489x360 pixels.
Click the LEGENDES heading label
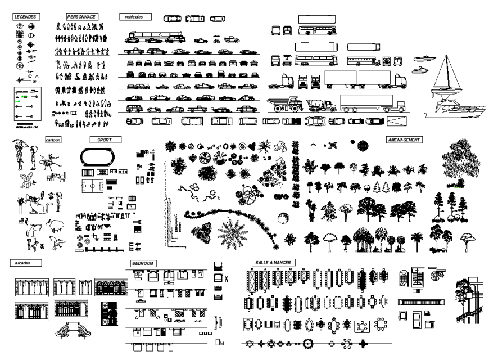pyautogui.click(x=25, y=17)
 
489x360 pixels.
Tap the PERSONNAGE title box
pyautogui.click(x=81, y=17)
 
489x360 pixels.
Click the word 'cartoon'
pyautogui.click(x=53, y=139)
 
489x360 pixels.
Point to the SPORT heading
pyautogui.click(x=105, y=139)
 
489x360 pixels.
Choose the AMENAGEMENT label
pyautogui.click(x=404, y=139)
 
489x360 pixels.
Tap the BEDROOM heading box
pyautogui.click(x=143, y=263)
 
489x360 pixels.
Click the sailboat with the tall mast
pyautogui.click(x=447, y=76)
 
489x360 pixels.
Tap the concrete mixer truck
pyautogui.click(x=321, y=105)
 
